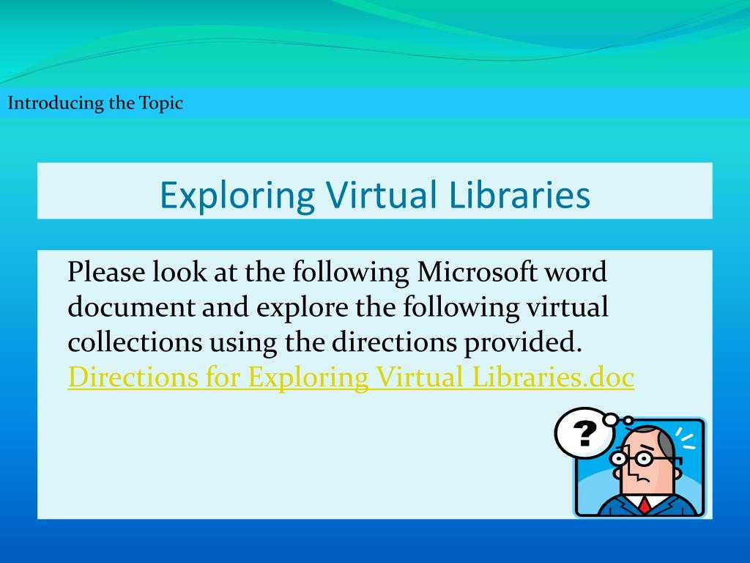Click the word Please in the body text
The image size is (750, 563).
tap(106, 273)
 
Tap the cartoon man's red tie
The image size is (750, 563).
tap(644, 505)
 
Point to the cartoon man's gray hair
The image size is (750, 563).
tap(667, 442)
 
